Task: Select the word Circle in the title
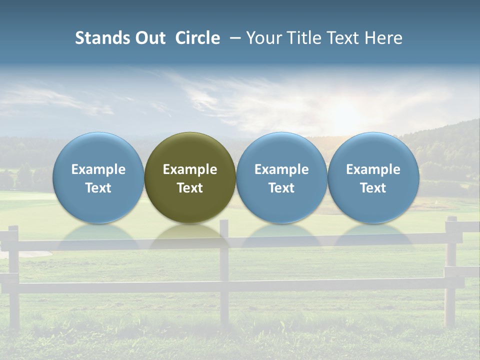197,38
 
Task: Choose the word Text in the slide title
340,38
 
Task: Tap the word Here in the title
382,38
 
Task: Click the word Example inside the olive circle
190,169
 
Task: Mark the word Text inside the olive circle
190,188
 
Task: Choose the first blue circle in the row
98,177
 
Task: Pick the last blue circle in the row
373,177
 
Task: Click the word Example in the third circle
281,169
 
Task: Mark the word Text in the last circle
373,188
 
